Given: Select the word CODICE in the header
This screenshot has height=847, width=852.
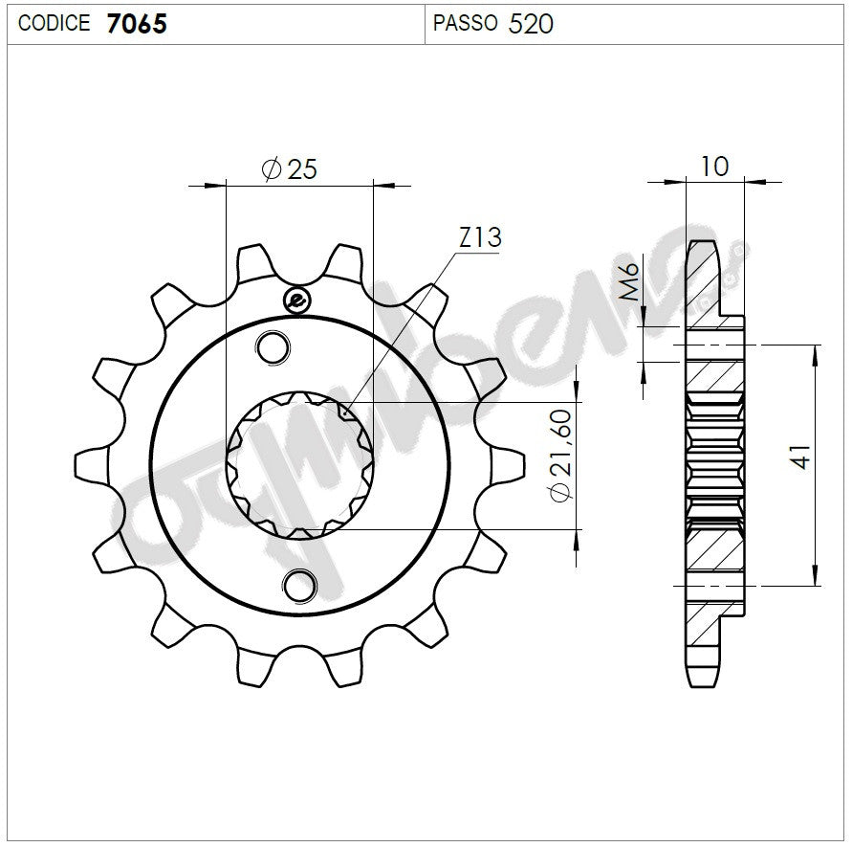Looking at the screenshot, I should (x=55, y=23).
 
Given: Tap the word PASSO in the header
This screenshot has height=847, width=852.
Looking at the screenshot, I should (x=465, y=23).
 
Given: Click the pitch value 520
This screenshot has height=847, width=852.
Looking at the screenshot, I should (x=531, y=23).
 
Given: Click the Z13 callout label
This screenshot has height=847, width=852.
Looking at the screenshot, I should (x=479, y=237).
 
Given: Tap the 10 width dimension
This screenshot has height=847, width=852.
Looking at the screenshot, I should (x=714, y=166).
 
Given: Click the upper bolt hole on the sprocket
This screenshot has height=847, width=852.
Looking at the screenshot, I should (x=273, y=347).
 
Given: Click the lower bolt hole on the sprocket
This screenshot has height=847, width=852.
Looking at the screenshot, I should (x=301, y=583).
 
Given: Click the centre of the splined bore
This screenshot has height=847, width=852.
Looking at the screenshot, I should (x=299, y=465).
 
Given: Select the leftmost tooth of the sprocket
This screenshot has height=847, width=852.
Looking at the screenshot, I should (x=89, y=464).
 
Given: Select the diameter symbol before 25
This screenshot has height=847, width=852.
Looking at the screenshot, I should (x=270, y=169).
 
